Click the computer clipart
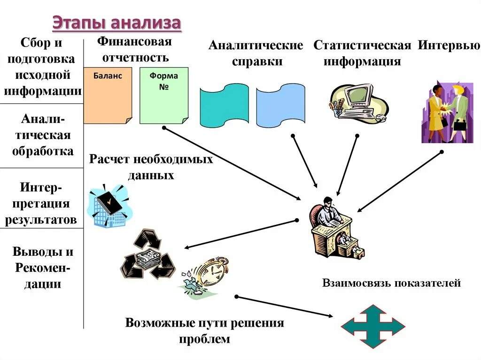pyautogui.click(x=358, y=103)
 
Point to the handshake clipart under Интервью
pyautogui.click(x=447, y=113)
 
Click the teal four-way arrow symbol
pyautogui.click(x=372, y=326)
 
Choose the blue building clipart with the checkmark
pyautogui.click(x=108, y=207)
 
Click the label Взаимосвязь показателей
pyautogui.click(x=391, y=283)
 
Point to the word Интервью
pyautogui.click(x=449, y=46)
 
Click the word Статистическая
pyautogui.click(x=362, y=46)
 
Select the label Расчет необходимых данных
pyautogui.click(x=151, y=167)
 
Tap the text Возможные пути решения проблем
pyautogui.click(x=204, y=330)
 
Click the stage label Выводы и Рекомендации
pyautogui.click(x=43, y=268)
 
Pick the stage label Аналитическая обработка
pyautogui.click(x=43, y=136)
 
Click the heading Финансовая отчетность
pyautogui.click(x=134, y=49)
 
